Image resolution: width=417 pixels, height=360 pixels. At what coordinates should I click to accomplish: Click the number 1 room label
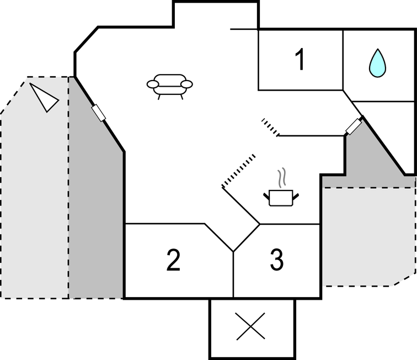pyautogui.click(x=300, y=60)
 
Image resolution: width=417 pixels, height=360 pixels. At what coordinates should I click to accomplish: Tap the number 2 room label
pyautogui.click(x=174, y=261)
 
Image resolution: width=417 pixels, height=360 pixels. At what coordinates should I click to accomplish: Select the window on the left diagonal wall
pyautogui.click(x=99, y=113)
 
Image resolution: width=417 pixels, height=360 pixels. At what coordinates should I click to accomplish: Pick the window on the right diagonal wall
pyautogui.click(x=354, y=126)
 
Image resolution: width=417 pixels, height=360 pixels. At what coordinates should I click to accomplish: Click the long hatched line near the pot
pyautogui.click(x=239, y=171)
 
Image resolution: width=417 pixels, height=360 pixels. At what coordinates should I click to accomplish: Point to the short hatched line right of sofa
pyautogui.click(x=270, y=126)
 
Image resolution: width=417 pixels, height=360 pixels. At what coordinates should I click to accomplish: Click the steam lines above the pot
pyautogui.click(x=282, y=178)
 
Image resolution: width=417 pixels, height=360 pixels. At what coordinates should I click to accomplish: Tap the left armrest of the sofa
pyautogui.click(x=153, y=84)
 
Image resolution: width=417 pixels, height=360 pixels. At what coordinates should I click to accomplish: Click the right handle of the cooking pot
pyautogui.click(x=297, y=195)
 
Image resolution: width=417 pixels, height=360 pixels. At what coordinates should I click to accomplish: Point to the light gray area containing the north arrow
pyautogui.click(x=33, y=193)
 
